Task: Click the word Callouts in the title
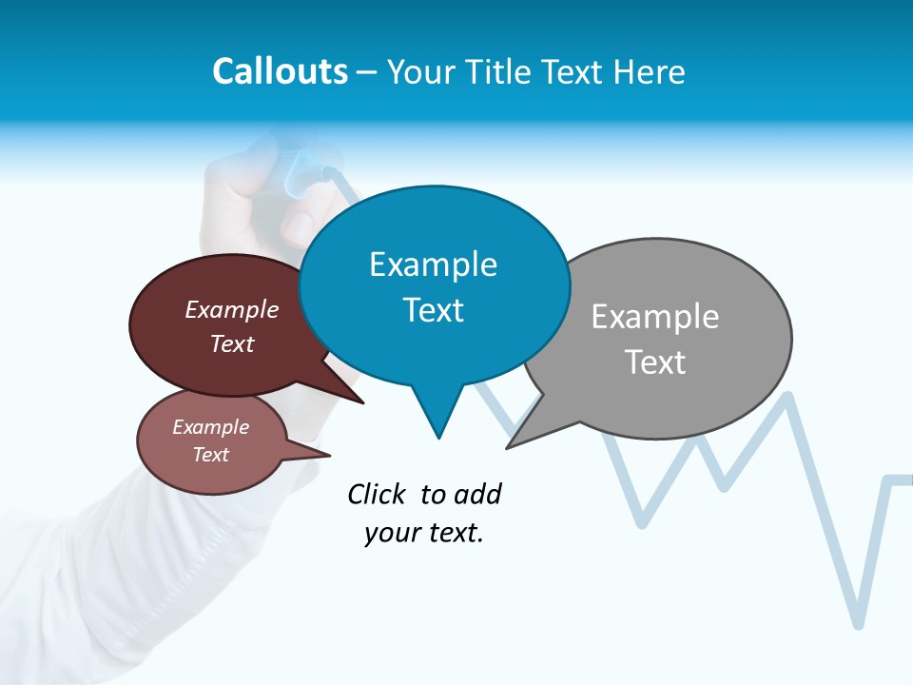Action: [280, 71]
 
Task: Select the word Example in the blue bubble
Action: [433, 264]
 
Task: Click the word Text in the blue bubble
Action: [433, 310]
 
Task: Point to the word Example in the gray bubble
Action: [654, 316]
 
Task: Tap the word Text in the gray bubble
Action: [654, 362]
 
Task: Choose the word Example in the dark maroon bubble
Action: [231, 309]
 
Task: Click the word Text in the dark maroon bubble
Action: [231, 343]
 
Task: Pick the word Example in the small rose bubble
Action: [210, 427]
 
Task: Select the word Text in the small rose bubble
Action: [210, 455]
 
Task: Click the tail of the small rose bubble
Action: [314, 453]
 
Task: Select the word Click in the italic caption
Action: [378, 494]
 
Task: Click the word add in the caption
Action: [477, 494]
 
